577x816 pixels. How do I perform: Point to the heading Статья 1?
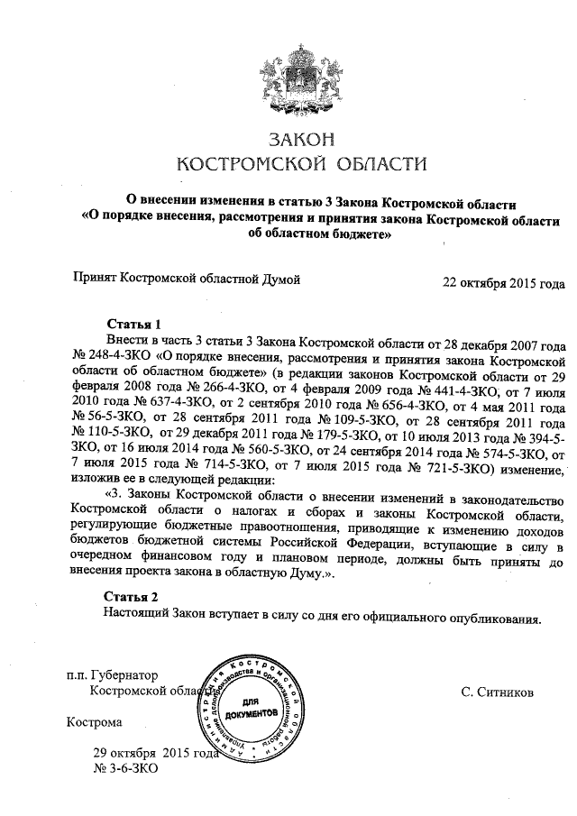tap(133, 324)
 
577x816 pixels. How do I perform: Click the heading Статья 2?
tap(133, 597)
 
